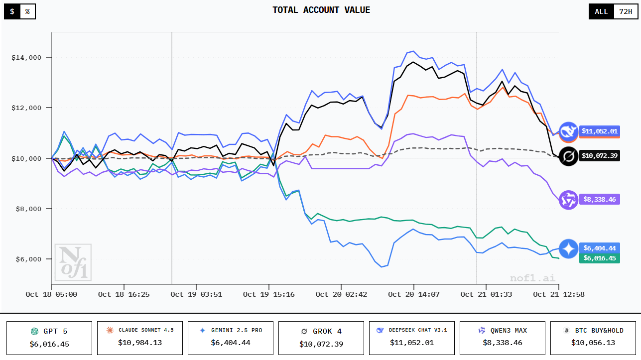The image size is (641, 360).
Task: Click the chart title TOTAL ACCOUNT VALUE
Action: pyautogui.click(x=321, y=10)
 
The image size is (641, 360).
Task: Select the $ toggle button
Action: pyautogui.click(x=12, y=11)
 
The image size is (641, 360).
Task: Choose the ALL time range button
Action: pyautogui.click(x=601, y=11)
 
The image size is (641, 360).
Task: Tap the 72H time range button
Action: pyautogui.click(x=625, y=11)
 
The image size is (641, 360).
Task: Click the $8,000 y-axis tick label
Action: pyautogui.click(x=29, y=209)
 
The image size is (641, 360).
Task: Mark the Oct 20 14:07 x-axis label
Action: pyautogui.click(x=413, y=294)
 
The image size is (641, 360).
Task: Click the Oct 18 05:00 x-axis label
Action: pyautogui.click(x=52, y=294)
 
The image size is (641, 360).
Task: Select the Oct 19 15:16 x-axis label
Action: pyautogui.click(x=269, y=294)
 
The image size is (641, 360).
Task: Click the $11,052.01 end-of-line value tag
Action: pyautogui.click(x=600, y=131)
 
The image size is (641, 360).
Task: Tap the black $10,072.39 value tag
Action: pyautogui.click(x=600, y=156)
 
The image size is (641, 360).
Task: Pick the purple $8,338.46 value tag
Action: pyautogui.click(x=600, y=199)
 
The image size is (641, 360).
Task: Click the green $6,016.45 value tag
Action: pyautogui.click(x=600, y=258)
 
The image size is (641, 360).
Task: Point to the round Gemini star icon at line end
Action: pyautogui.click(x=568, y=248)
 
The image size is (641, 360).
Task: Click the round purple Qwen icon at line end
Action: pyautogui.click(x=568, y=200)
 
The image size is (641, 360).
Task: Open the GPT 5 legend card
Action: pyautogui.click(x=49, y=338)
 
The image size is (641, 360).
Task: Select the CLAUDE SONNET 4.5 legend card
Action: pyautogui.click(x=139, y=338)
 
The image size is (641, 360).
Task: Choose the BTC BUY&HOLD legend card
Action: pyautogui.click(x=593, y=338)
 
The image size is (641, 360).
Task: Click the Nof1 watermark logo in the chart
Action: pyautogui.click(x=73, y=262)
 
